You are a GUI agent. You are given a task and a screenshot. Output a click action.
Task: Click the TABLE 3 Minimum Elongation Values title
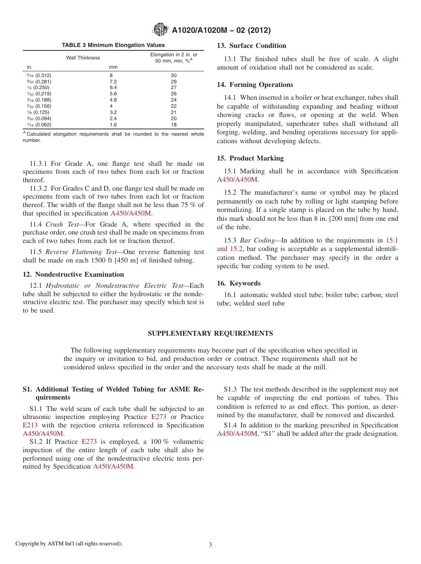click(113, 45)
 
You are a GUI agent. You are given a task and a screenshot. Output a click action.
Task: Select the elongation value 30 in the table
click(174, 75)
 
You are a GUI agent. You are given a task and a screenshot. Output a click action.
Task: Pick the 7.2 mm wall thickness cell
click(113, 82)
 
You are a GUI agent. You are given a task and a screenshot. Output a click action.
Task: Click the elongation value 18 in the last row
click(174, 125)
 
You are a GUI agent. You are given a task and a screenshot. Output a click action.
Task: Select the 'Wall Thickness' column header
click(83, 58)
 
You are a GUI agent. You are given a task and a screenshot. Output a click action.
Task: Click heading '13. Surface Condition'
click(251, 46)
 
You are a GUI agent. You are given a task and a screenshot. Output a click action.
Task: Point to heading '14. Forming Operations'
click(255, 85)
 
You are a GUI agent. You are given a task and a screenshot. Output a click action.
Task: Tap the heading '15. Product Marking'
click(250, 158)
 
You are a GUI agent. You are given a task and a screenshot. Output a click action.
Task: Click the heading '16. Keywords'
click(239, 283)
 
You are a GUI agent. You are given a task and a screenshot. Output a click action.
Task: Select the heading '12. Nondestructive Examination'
click(74, 274)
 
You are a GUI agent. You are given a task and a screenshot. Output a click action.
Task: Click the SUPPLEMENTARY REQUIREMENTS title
click(210, 333)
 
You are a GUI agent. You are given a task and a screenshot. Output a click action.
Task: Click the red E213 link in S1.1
click(30, 425)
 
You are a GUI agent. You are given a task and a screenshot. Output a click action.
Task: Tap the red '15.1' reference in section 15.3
click(392, 241)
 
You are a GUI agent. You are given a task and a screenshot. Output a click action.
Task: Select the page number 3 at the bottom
click(210, 544)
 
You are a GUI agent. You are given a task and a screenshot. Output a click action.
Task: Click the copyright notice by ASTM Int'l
click(69, 544)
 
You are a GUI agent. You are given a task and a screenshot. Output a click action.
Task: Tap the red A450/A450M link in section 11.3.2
click(131, 213)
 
